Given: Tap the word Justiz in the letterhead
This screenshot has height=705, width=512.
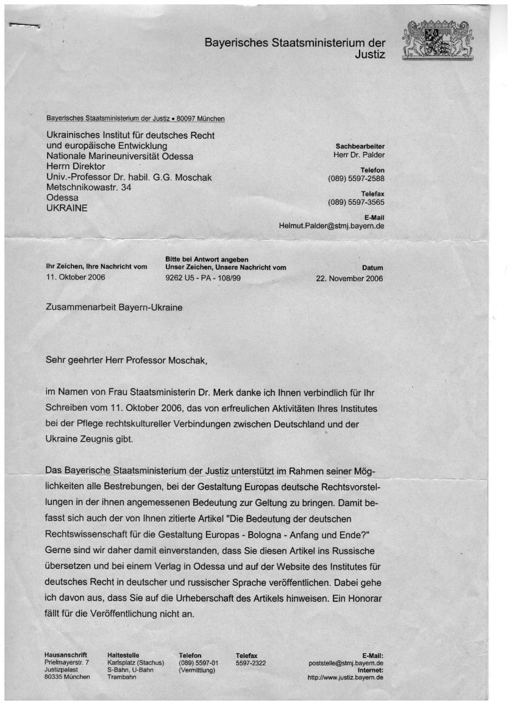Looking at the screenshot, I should [x=370, y=55].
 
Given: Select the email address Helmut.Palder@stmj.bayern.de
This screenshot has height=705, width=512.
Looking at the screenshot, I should [x=332, y=226].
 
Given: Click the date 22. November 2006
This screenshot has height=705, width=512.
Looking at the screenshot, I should [x=349, y=278].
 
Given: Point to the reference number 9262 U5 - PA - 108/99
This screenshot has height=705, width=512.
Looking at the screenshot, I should [x=205, y=278].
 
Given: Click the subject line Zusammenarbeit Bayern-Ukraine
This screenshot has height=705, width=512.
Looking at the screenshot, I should [x=114, y=307].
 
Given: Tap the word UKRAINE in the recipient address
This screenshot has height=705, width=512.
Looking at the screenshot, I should [x=67, y=208].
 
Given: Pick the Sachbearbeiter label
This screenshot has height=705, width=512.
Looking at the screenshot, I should [x=360, y=146].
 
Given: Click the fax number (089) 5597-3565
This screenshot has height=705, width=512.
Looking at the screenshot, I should [x=356, y=202].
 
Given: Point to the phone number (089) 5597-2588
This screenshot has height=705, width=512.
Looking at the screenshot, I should [x=356, y=179].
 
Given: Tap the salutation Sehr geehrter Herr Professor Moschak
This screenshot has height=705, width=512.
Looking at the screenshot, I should [x=127, y=360].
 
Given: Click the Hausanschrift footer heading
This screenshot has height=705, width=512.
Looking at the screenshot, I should [x=66, y=655].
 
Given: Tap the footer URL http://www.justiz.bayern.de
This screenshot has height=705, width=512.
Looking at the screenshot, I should [x=346, y=677].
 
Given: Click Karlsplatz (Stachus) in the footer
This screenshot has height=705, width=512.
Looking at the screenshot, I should [x=136, y=662].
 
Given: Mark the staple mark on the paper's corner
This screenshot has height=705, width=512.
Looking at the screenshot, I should [x=24, y=26].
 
